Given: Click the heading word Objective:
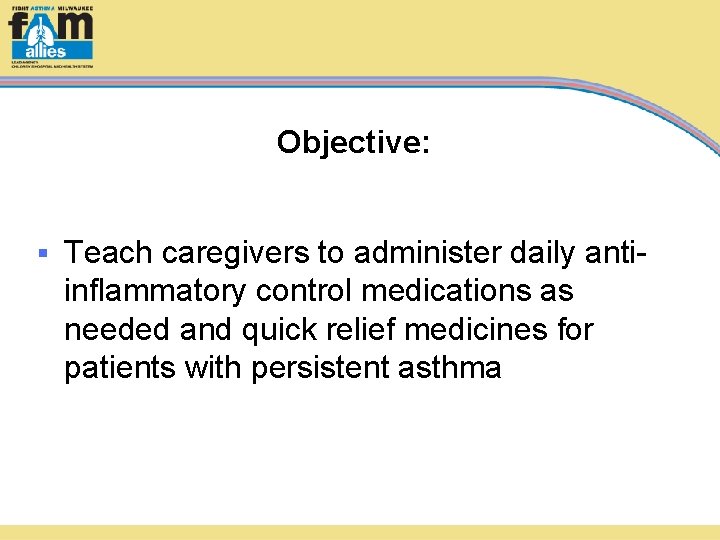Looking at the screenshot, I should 353,142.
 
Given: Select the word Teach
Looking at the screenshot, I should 109,253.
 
